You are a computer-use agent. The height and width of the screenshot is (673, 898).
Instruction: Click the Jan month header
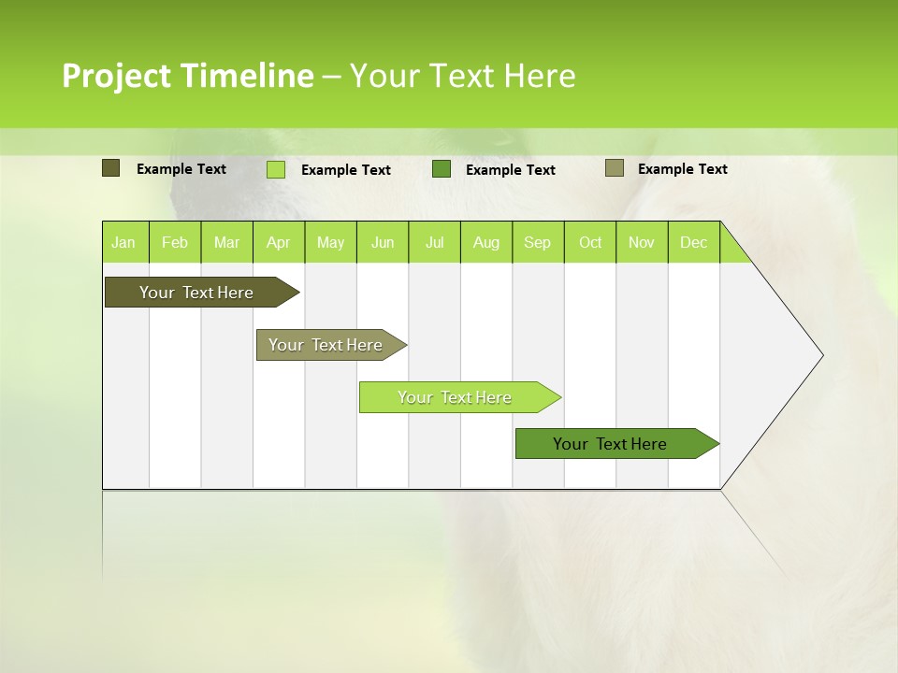click(x=123, y=242)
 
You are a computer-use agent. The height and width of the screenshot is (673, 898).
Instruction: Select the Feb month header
click(x=175, y=242)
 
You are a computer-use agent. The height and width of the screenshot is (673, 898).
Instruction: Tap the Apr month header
click(x=279, y=242)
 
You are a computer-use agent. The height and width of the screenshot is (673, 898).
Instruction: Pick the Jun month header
click(x=383, y=242)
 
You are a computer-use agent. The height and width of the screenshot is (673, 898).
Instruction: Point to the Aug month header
click(x=486, y=242)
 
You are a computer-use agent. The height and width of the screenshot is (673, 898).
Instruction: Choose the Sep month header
click(x=538, y=242)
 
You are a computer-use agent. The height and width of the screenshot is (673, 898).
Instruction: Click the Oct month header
click(x=590, y=242)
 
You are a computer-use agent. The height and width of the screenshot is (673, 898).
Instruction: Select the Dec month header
click(x=694, y=242)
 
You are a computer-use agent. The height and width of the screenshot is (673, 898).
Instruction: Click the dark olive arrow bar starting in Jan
click(x=196, y=293)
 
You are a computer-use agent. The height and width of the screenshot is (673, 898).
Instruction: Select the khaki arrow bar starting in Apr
click(x=326, y=345)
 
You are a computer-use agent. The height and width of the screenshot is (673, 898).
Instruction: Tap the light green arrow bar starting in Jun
click(x=455, y=397)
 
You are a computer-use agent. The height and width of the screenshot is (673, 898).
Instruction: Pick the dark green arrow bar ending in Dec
click(x=610, y=444)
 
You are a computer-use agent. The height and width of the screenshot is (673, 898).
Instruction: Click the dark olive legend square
click(x=110, y=168)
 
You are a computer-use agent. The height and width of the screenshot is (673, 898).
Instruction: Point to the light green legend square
click(x=276, y=169)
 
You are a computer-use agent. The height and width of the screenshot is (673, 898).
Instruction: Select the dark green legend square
click(x=442, y=169)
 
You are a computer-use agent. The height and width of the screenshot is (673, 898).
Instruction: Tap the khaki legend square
click(x=615, y=168)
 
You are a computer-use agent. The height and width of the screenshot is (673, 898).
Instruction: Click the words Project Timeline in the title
click(x=187, y=76)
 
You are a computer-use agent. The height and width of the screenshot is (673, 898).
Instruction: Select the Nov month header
click(x=642, y=242)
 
